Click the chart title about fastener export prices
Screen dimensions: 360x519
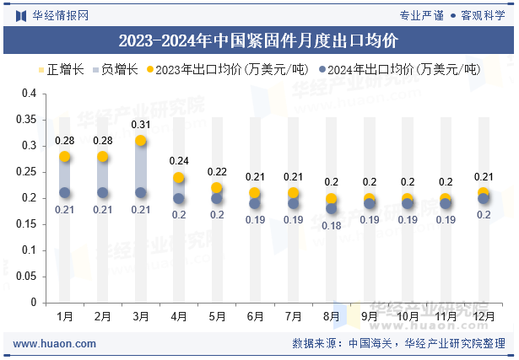coord(258,40)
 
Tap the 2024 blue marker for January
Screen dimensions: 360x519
coord(65,193)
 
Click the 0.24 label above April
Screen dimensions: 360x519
coord(179,161)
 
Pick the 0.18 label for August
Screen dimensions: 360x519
coord(331,225)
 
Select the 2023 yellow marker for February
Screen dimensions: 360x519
coord(103,157)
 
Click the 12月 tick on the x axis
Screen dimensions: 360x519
coord(483,316)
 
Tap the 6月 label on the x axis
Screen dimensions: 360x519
coord(255,316)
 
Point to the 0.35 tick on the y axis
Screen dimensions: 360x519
coord(28,120)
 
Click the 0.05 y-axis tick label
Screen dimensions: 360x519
coord(28,276)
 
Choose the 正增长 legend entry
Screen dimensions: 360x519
coord(61,69)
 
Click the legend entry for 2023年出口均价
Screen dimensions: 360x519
coord(224,69)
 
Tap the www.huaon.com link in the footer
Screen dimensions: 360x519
coord(55,344)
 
